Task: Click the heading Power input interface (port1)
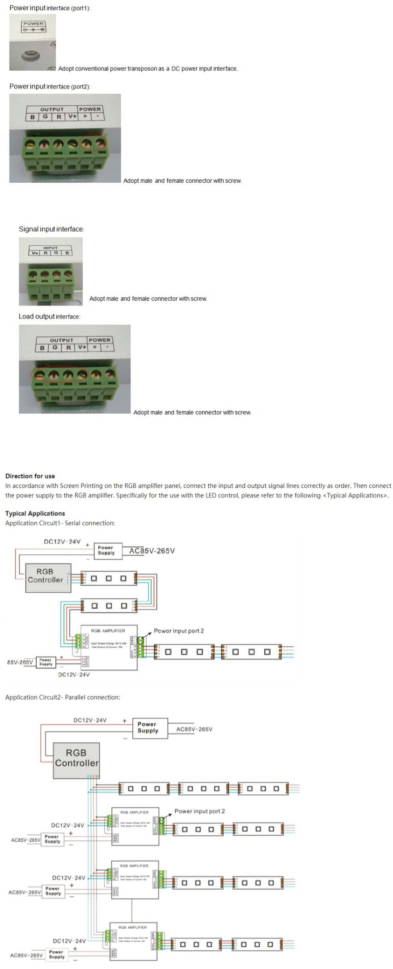(x=50, y=8)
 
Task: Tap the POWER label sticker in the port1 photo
(x=34, y=26)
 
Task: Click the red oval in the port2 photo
(x=93, y=143)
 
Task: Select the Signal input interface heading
(x=51, y=229)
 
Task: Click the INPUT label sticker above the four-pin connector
(x=50, y=250)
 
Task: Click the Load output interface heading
(x=49, y=316)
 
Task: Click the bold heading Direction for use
(x=30, y=476)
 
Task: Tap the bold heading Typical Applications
(x=35, y=513)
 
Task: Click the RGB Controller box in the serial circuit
(x=48, y=578)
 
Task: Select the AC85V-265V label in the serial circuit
(x=152, y=551)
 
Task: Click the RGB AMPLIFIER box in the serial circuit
(x=109, y=647)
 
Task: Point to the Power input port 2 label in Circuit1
(x=178, y=631)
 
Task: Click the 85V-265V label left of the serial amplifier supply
(x=20, y=662)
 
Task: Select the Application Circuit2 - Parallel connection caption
(x=63, y=697)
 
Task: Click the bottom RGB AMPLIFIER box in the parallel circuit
(x=133, y=941)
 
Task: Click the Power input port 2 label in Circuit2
(x=199, y=811)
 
